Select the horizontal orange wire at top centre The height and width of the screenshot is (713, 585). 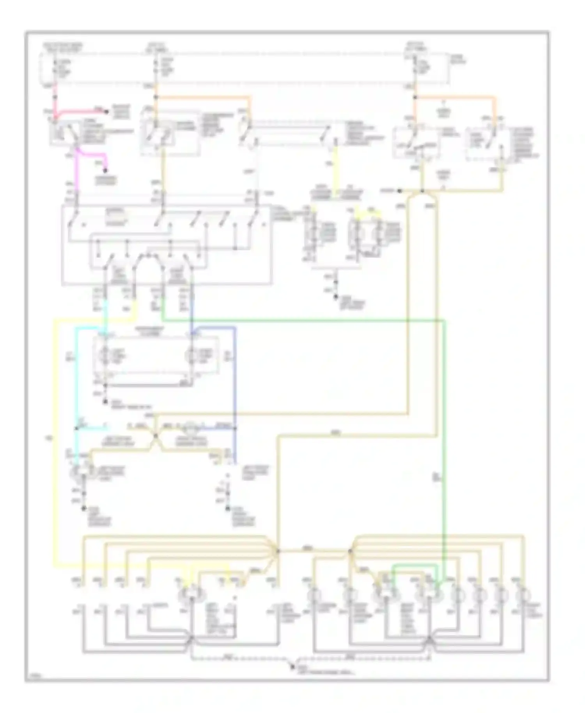coord(203,96)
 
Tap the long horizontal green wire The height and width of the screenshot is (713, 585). coord(304,321)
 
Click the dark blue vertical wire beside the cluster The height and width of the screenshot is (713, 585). coord(235,374)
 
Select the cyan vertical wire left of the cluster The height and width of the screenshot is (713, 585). coord(77,374)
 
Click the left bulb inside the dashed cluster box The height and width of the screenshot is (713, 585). coord(105,356)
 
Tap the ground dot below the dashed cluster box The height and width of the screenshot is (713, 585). coord(105,401)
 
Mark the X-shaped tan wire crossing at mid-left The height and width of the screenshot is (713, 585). coord(155,436)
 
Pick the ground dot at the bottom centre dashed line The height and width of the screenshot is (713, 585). coord(292,667)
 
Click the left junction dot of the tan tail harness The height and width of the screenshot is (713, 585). coord(278,551)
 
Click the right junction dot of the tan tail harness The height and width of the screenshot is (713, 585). coord(350,551)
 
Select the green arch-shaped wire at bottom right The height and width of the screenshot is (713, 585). coord(413,565)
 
